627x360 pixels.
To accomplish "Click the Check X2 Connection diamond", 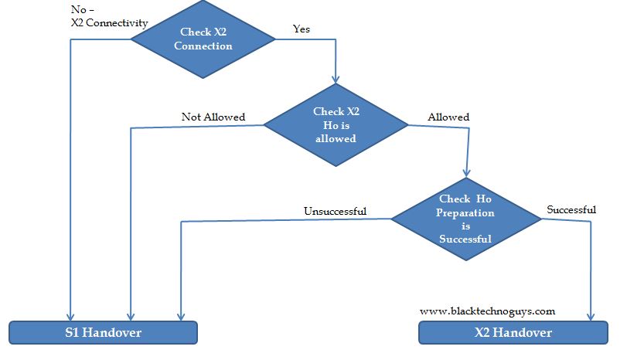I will click(203, 39).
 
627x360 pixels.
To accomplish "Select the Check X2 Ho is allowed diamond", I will click(336, 125).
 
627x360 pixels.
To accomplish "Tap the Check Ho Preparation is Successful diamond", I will click(465, 219).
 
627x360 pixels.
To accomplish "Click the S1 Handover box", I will click(103, 332).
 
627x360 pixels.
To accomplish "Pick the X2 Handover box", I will click(513, 332).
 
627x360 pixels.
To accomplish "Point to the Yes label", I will click(302, 29).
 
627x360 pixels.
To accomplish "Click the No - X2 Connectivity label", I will click(108, 16).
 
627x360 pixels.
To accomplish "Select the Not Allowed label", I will click(213, 117).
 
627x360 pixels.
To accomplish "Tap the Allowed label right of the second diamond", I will click(448, 117).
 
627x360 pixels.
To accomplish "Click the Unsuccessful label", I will click(335, 211).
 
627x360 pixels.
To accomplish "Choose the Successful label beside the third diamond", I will click(571, 209).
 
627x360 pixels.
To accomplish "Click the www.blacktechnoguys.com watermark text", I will click(487, 311).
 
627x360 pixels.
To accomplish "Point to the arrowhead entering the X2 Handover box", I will click(592, 316).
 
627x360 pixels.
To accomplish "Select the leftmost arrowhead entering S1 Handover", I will click(71, 316).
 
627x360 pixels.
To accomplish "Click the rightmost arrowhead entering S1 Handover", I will click(180, 316).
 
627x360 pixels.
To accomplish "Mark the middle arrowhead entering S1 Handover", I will click(130, 316).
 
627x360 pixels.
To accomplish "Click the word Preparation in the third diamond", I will click(465, 212).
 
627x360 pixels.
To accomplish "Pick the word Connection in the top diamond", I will click(203, 46).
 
